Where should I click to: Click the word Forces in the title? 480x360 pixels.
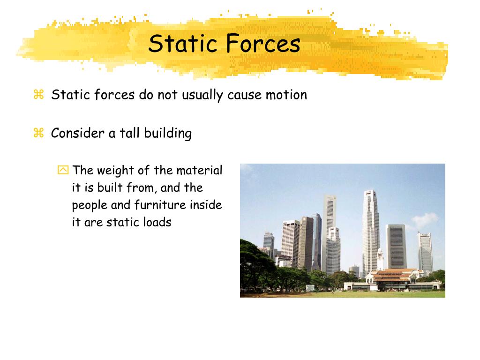tap(263, 44)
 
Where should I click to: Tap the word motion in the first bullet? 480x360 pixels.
tap(286, 95)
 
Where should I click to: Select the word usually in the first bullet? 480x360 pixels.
tap(199, 96)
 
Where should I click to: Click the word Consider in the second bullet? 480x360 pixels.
tap(77, 133)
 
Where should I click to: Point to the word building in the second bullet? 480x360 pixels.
tap(168, 134)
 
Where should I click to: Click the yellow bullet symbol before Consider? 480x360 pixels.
tap(38, 133)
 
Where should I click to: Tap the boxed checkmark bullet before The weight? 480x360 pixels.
tap(63, 170)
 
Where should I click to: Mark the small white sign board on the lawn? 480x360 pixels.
tap(310, 287)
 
